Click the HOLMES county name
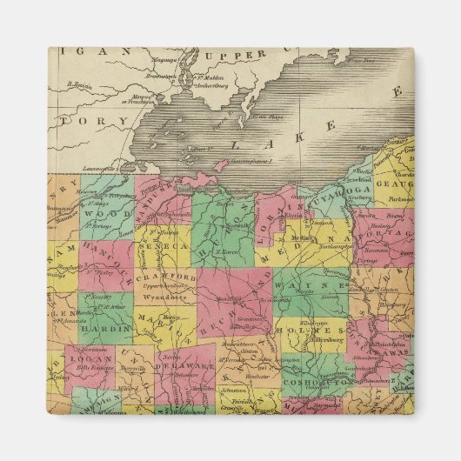(x=309, y=331)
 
